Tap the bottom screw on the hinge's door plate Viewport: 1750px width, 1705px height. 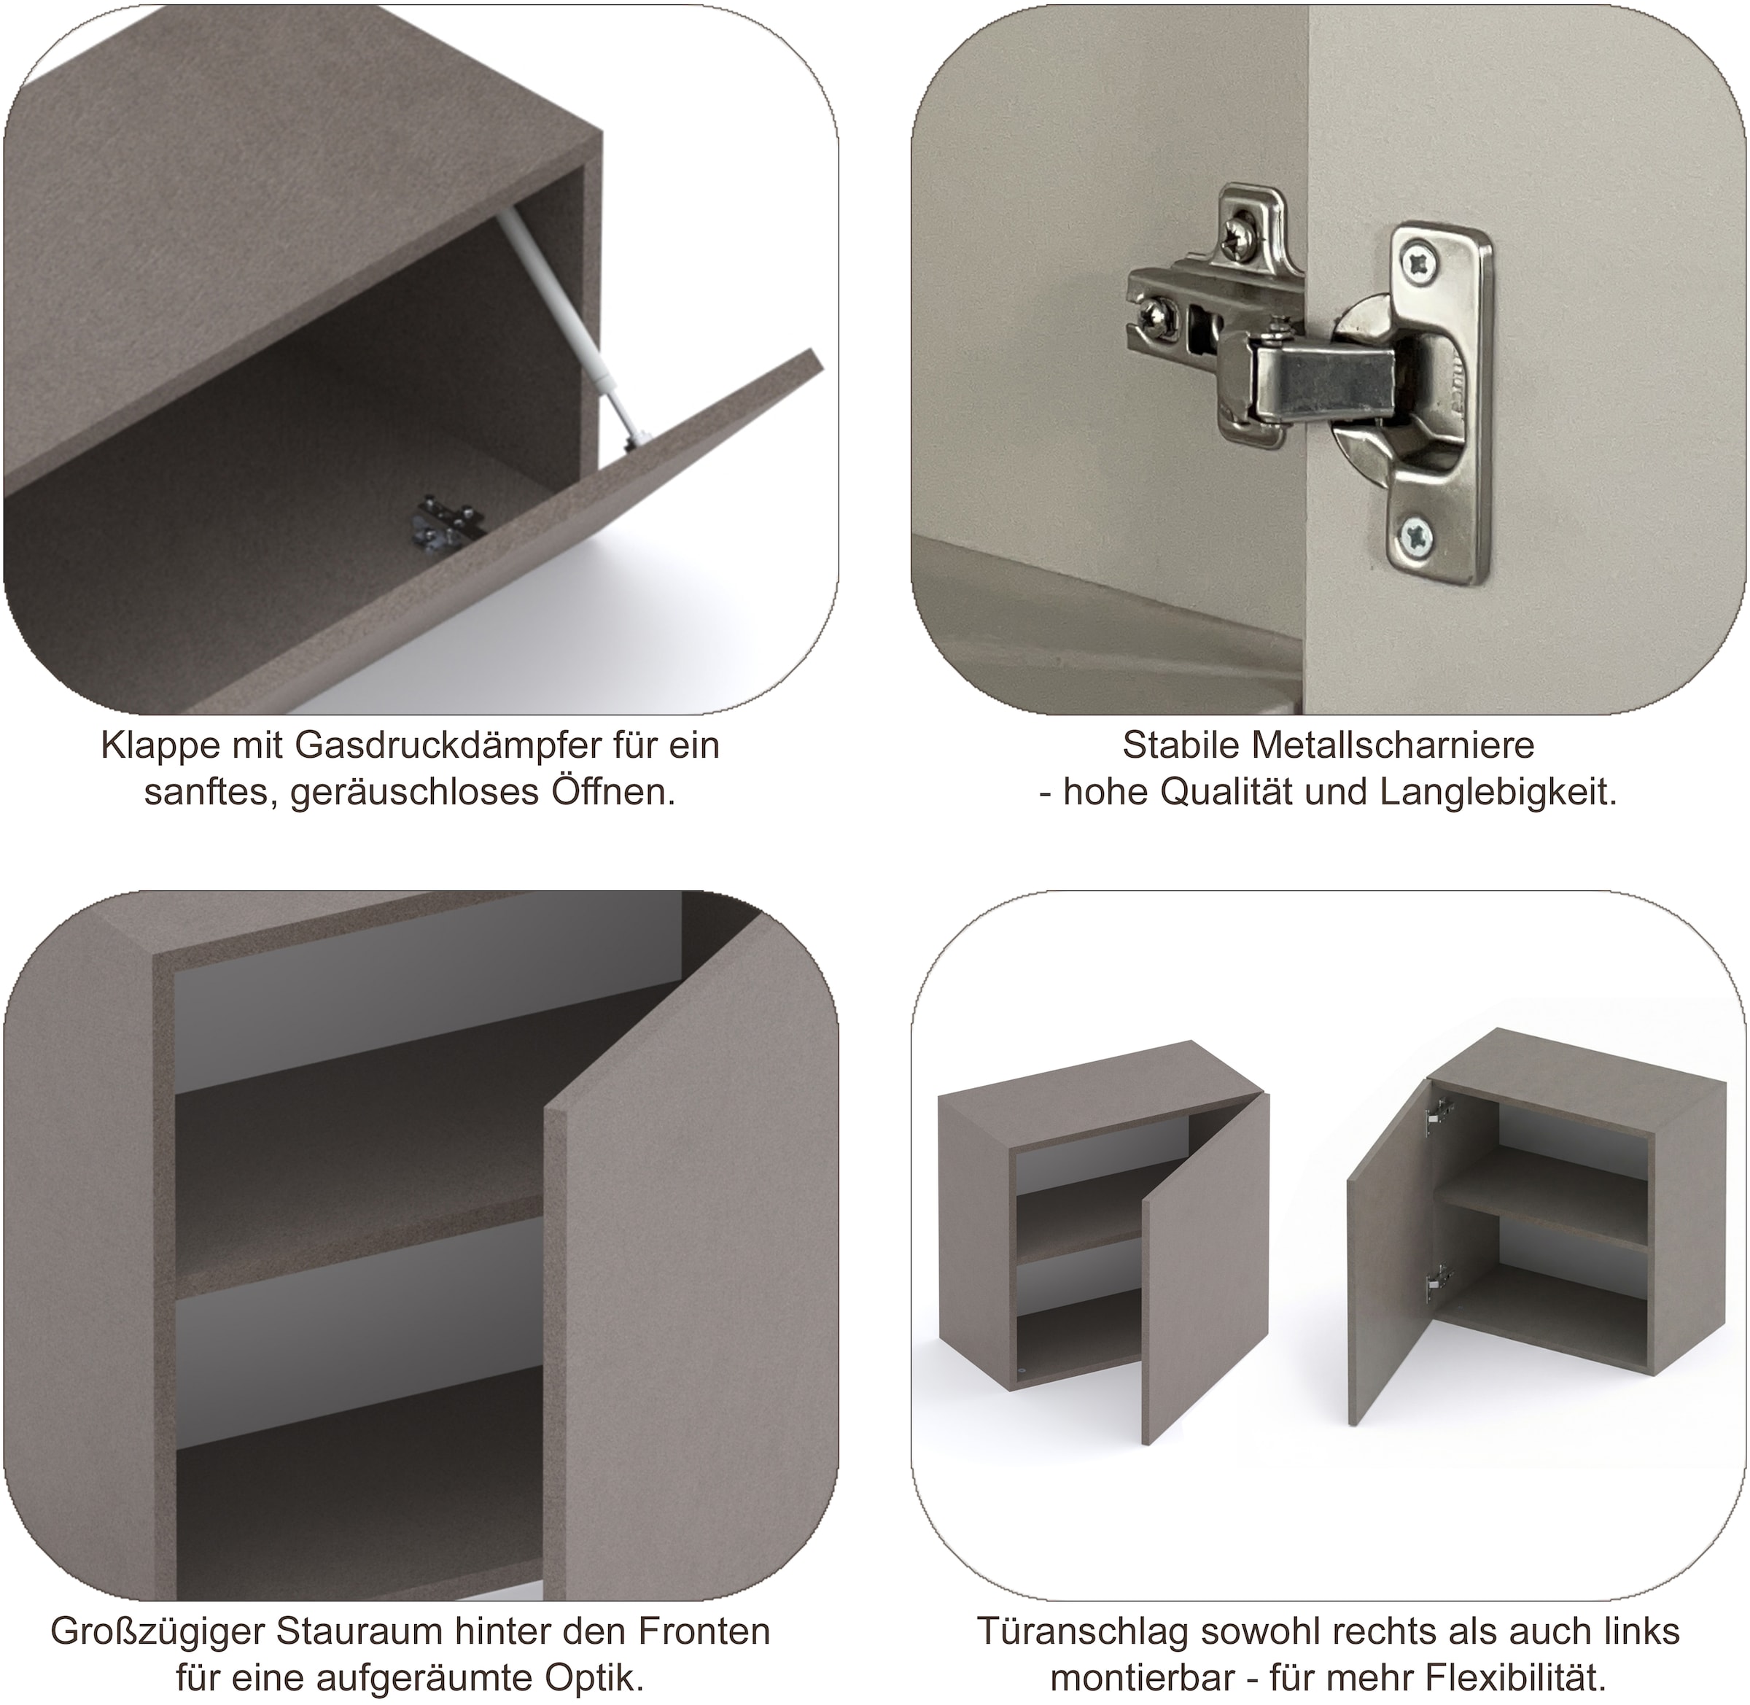(x=1420, y=537)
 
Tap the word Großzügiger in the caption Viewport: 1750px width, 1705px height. (x=158, y=1631)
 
